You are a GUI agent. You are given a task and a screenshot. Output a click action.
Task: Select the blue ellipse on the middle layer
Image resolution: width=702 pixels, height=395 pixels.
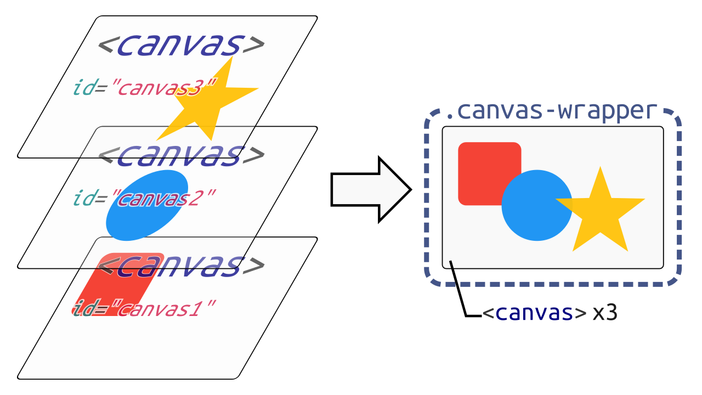tap(146, 205)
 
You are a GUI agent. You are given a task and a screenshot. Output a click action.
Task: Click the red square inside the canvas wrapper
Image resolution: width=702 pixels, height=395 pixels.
tap(483, 170)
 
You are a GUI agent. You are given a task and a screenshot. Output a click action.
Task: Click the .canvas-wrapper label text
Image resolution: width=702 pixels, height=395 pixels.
tap(551, 110)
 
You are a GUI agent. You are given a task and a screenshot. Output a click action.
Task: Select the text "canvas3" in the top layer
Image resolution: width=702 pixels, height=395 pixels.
tap(165, 88)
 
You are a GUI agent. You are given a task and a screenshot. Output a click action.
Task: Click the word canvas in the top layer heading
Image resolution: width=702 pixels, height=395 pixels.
tap(179, 45)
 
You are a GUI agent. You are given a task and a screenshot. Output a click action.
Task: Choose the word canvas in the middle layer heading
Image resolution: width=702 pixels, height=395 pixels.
tap(179, 155)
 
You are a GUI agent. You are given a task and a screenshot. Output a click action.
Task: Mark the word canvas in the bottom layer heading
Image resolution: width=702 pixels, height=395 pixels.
tap(179, 266)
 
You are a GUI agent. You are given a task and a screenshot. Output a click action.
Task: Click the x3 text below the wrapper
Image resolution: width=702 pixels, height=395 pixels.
tap(604, 313)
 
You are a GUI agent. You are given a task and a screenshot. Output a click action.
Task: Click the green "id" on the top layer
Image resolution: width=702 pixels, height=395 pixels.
tap(83, 87)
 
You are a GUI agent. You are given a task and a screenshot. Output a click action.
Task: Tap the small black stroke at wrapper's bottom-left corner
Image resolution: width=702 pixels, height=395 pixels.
tap(451, 266)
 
